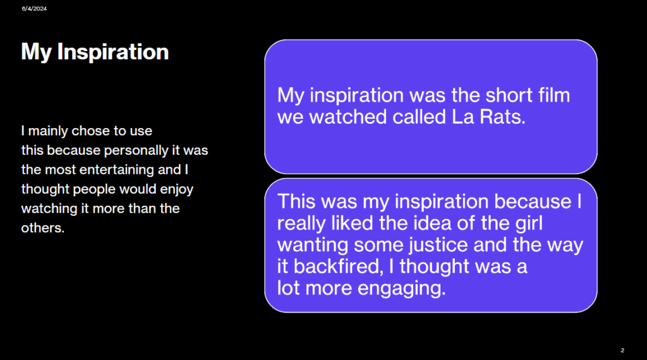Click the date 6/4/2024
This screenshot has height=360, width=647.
pyautogui.click(x=34, y=9)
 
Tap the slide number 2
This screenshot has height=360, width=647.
pyautogui.click(x=622, y=350)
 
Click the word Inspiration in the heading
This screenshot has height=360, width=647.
pyautogui.click(x=112, y=52)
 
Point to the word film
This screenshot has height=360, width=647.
pyautogui.click(x=553, y=95)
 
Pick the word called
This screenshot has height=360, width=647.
pyautogui.click(x=420, y=117)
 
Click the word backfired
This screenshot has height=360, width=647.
pyautogui.click(x=337, y=266)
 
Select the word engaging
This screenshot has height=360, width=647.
pyautogui.click(x=401, y=288)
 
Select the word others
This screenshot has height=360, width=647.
pyautogui.click(x=42, y=227)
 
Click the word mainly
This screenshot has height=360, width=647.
pyautogui.click(x=48, y=131)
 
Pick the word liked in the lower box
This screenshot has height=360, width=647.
pyautogui.click(x=353, y=223)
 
